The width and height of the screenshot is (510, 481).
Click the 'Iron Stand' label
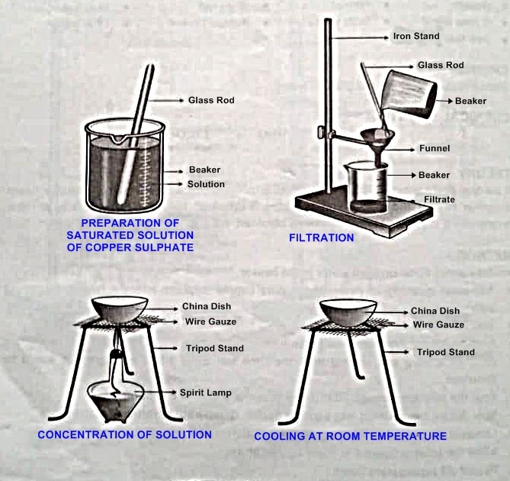(x=415, y=36)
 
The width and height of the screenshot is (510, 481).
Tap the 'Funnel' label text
(x=434, y=149)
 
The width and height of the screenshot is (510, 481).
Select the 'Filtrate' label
(x=439, y=199)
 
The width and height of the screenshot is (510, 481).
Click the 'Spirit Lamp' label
(x=206, y=392)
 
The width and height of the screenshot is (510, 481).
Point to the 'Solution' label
(x=206, y=184)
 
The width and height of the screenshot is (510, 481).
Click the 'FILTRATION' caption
(x=321, y=237)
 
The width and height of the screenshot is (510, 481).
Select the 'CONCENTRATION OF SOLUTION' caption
(x=125, y=434)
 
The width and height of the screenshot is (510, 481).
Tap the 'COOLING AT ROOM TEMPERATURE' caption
(x=350, y=436)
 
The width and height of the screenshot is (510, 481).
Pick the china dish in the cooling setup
(x=347, y=311)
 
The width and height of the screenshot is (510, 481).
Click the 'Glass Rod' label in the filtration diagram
(x=441, y=66)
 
